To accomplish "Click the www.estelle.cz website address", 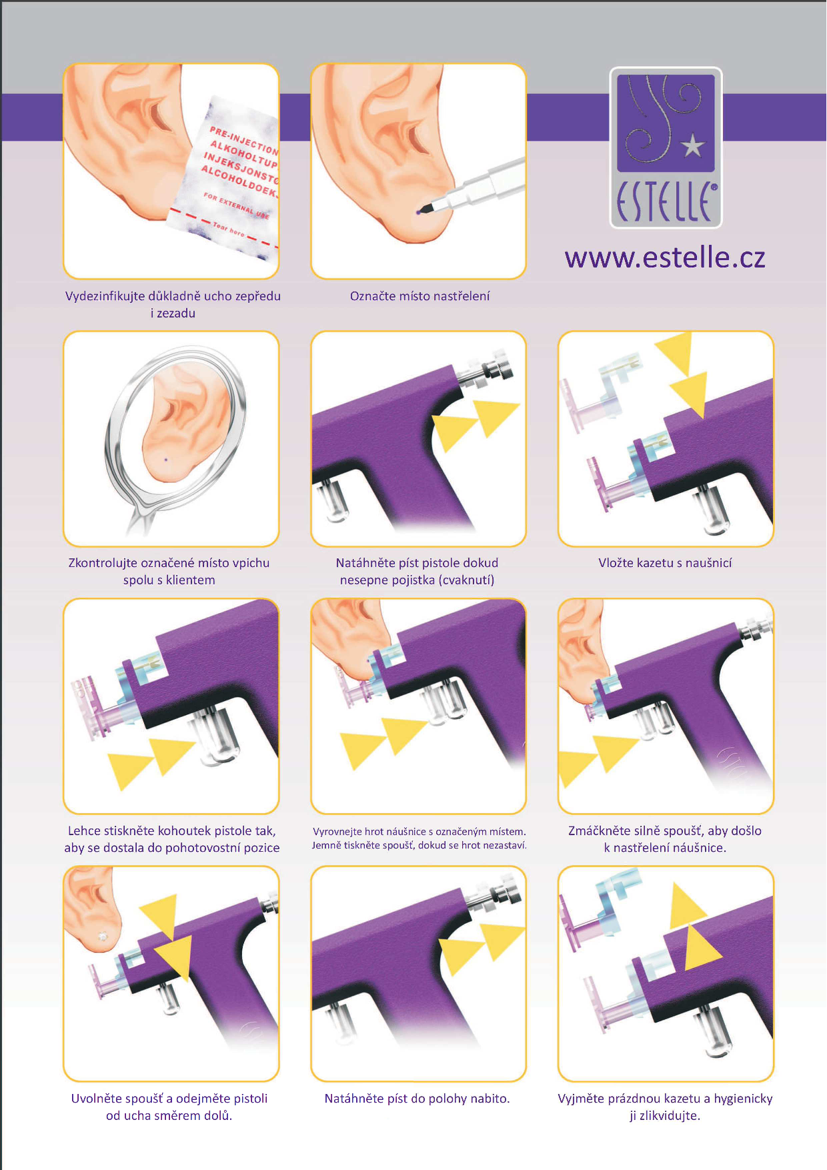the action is [x=665, y=257].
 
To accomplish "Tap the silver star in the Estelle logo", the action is [x=693, y=145].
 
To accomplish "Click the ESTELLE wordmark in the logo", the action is [x=666, y=202].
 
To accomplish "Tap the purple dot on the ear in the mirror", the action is [x=165, y=460].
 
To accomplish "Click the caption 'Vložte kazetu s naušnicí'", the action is [x=665, y=563].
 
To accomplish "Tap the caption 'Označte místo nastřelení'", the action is [x=420, y=296].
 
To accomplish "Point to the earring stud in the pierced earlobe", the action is [x=102, y=936].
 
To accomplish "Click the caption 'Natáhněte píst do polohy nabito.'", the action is [x=417, y=1099].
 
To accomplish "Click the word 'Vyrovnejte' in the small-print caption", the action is [x=337, y=832].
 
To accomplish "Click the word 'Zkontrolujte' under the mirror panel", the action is [x=102, y=563].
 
